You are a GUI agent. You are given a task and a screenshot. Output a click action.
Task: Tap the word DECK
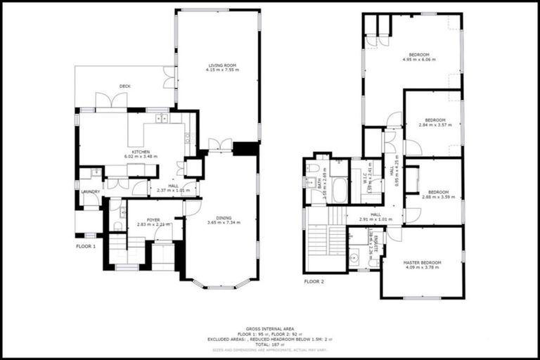(x=124, y=86)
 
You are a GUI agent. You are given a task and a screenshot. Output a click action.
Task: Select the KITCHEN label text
(x=133, y=152)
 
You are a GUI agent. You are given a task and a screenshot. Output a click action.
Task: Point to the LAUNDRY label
(x=91, y=191)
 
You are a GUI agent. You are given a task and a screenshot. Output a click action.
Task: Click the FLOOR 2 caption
(x=314, y=281)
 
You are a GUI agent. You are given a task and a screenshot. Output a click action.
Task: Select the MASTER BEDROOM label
(x=422, y=262)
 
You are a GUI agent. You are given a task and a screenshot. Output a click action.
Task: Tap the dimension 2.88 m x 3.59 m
(x=438, y=197)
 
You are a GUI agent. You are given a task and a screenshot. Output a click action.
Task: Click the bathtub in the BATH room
(x=339, y=190)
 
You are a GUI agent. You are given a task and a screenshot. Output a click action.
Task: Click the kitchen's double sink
(x=162, y=118)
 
